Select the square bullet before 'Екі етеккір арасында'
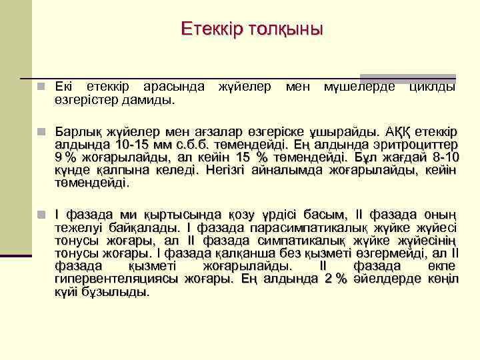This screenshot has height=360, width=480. click(x=41, y=87)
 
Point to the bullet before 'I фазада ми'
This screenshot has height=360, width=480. click(x=41, y=215)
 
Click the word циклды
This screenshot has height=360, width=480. click(x=432, y=87)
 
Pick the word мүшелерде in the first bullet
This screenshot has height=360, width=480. click(x=359, y=87)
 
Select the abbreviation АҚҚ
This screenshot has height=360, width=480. click(x=382, y=131)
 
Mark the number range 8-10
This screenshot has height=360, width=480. click(x=442, y=157)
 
